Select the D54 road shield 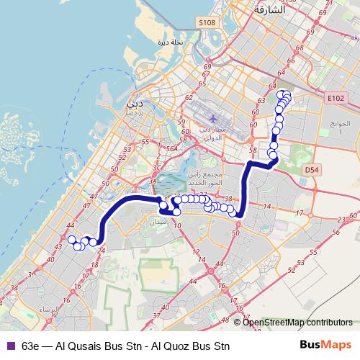(311, 170)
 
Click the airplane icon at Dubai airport (213, 117)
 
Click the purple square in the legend (10, 345)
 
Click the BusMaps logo (325, 344)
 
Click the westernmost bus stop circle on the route (71, 240)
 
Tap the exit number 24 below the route (101, 250)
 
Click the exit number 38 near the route (228, 199)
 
